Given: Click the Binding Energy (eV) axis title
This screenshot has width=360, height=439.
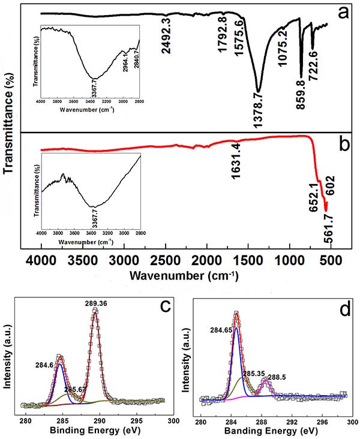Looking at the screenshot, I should (x=95, y=431).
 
